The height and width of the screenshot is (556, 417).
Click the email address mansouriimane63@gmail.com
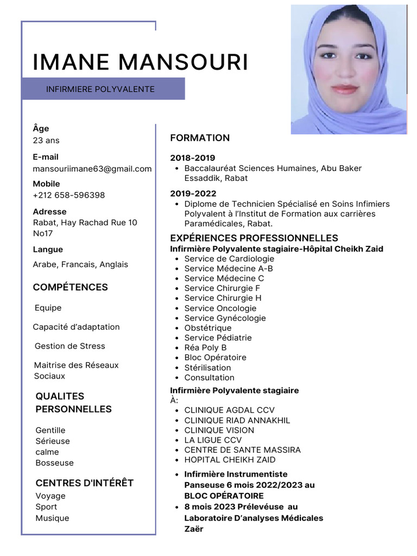(92, 169)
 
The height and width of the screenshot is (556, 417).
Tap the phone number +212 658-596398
(69, 195)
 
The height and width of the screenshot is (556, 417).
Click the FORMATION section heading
(200, 138)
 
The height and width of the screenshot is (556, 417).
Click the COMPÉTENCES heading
(71, 287)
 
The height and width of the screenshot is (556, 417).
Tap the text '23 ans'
(46, 140)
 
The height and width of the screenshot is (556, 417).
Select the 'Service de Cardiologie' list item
(229, 258)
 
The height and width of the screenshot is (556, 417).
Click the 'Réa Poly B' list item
(205, 347)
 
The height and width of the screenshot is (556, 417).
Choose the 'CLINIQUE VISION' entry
(219, 430)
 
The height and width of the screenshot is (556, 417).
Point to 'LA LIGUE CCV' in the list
(213, 440)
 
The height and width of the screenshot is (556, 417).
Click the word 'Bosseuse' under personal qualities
(54, 463)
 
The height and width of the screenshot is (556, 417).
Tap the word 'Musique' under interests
(52, 518)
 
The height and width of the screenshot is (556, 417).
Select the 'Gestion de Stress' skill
(69, 346)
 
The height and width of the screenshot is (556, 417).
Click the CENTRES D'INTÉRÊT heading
(84, 483)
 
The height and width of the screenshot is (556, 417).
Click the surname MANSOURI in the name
(183, 62)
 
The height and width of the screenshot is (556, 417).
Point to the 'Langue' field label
(48, 249)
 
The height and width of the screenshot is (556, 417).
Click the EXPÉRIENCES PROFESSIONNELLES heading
(254, 238)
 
